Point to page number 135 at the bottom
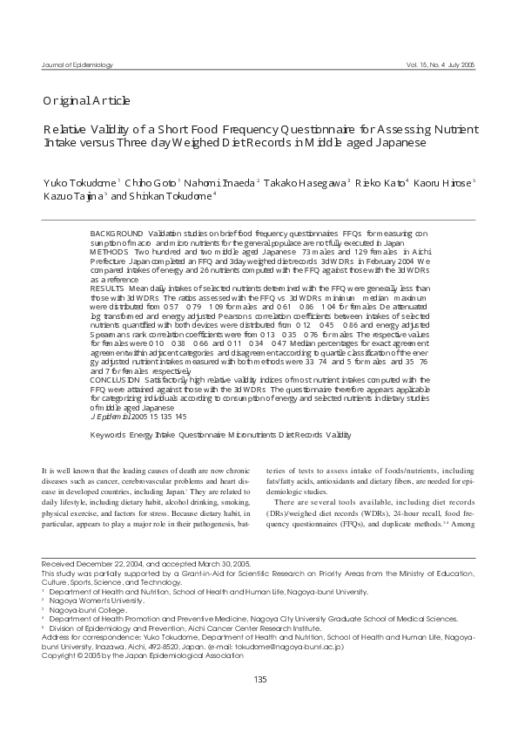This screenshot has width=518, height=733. coord(259,703)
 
